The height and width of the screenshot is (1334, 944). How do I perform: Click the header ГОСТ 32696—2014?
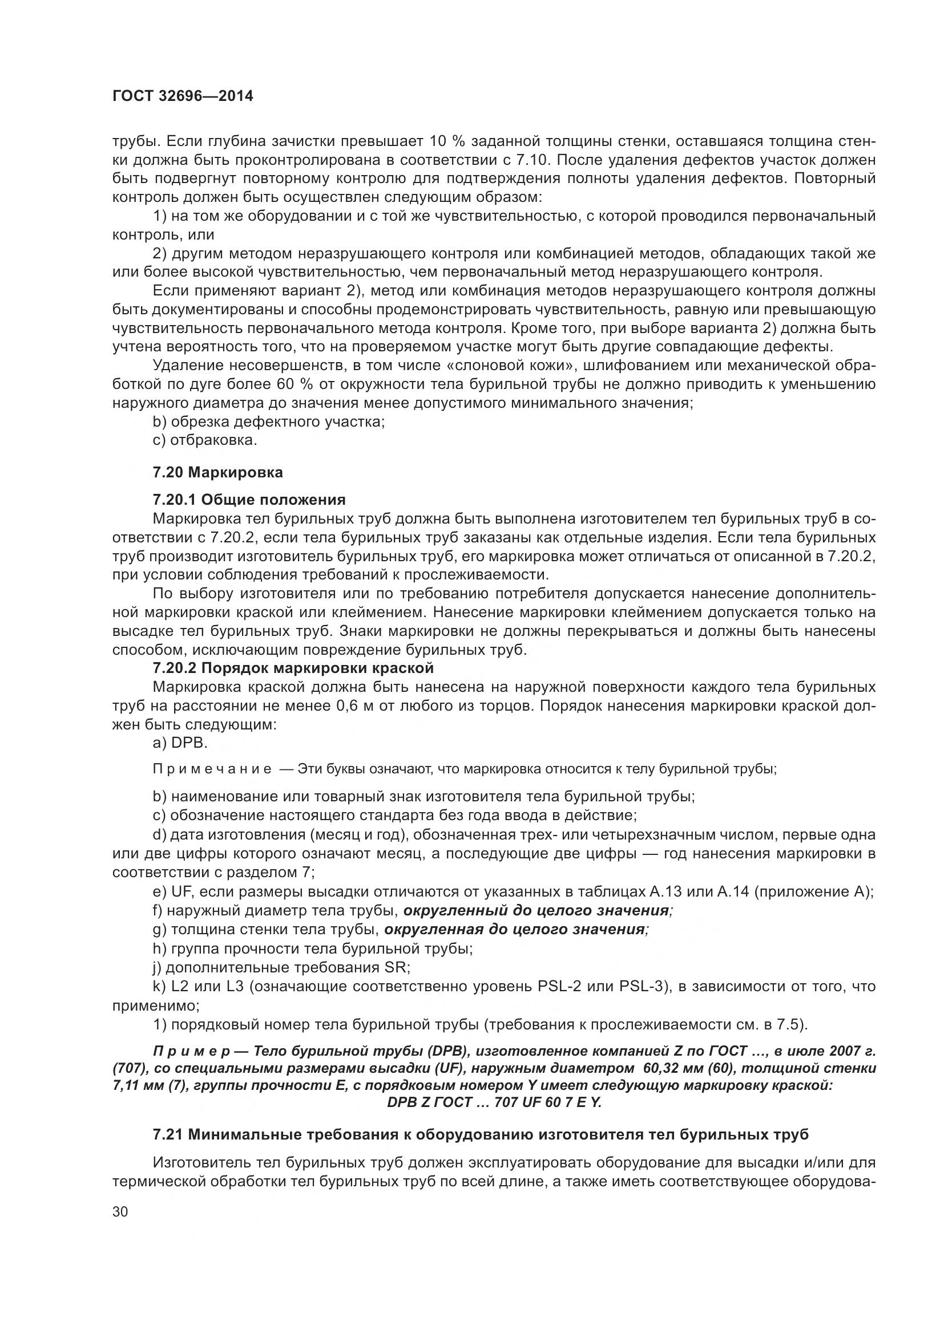tap(183, 96)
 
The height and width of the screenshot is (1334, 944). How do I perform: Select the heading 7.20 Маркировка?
tap(218, 472)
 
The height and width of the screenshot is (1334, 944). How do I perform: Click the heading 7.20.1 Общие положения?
tap(249, 500)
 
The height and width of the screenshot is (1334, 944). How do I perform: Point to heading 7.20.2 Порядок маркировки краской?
tap(293, 668)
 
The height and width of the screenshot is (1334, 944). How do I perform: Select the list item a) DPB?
tap(180, 743)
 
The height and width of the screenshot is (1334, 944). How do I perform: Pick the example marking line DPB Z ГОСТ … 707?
tap(494, 1102)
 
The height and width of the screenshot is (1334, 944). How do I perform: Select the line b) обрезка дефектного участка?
tap(269, 421)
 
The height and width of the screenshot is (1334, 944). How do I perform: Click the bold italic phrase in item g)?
tap(517, 930)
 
